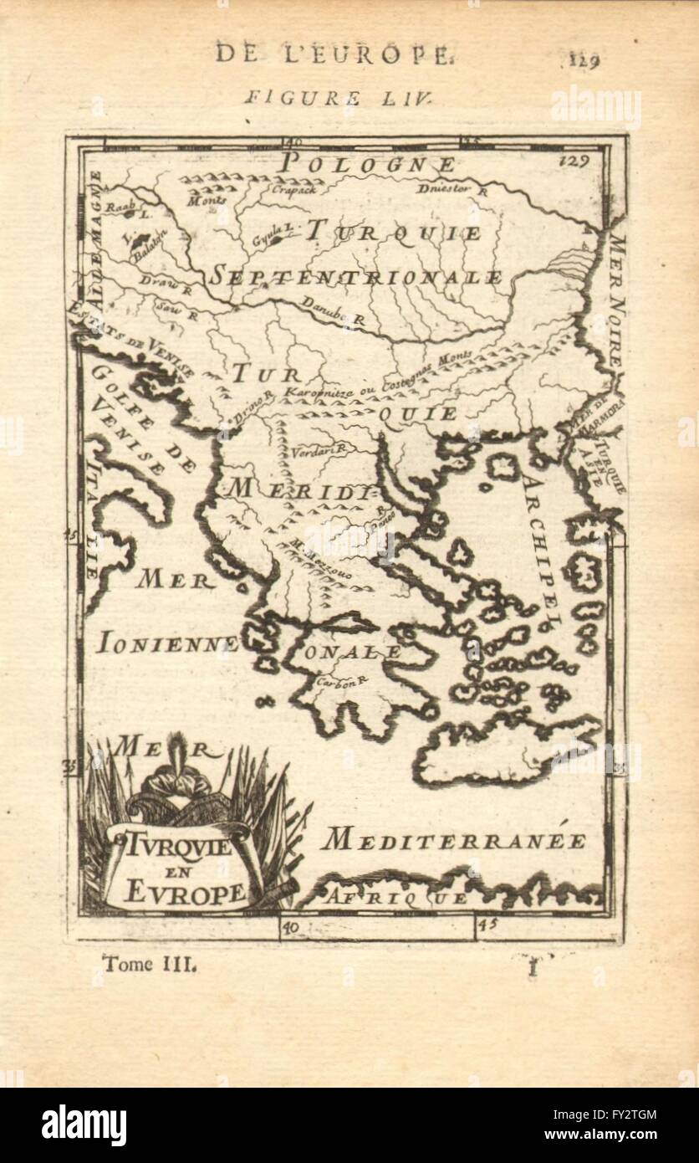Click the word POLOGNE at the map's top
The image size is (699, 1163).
click(x=368, y=164)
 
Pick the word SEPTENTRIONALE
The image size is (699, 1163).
click(x=355, y=277)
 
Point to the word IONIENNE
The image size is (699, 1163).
click(x=168, y=643)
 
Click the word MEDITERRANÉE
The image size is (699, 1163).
click(x=454, y=840)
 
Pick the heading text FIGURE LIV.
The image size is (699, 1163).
click(x=338, y=97)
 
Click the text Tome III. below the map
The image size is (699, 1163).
click(x=150, y=964)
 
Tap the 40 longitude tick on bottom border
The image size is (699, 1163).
click(x=290, y=928)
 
